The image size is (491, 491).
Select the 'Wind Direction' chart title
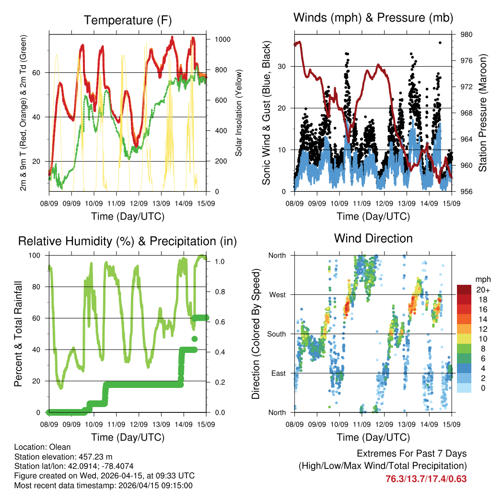tap(373, 238)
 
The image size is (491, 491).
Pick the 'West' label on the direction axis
tap(277, 295)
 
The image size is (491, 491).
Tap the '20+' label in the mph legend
tap(482, 290)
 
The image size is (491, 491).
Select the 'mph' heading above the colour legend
tap(482, 279)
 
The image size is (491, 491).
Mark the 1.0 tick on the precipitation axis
tap(220, 262)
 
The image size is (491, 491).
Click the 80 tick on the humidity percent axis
tap(40, 287)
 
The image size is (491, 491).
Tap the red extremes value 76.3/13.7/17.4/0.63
tap(426, 479)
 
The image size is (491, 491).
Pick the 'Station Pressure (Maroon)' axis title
tap(483, 113)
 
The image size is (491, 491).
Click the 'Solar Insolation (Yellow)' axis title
tap(238, 113)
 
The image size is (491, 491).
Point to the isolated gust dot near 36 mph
tap(440, 43)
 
